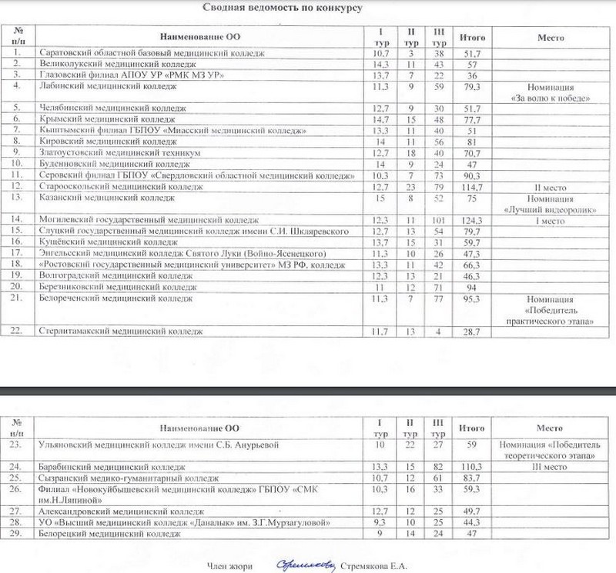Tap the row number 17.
click(x=17, y=254)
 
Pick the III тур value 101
click(x=440, y=220)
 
